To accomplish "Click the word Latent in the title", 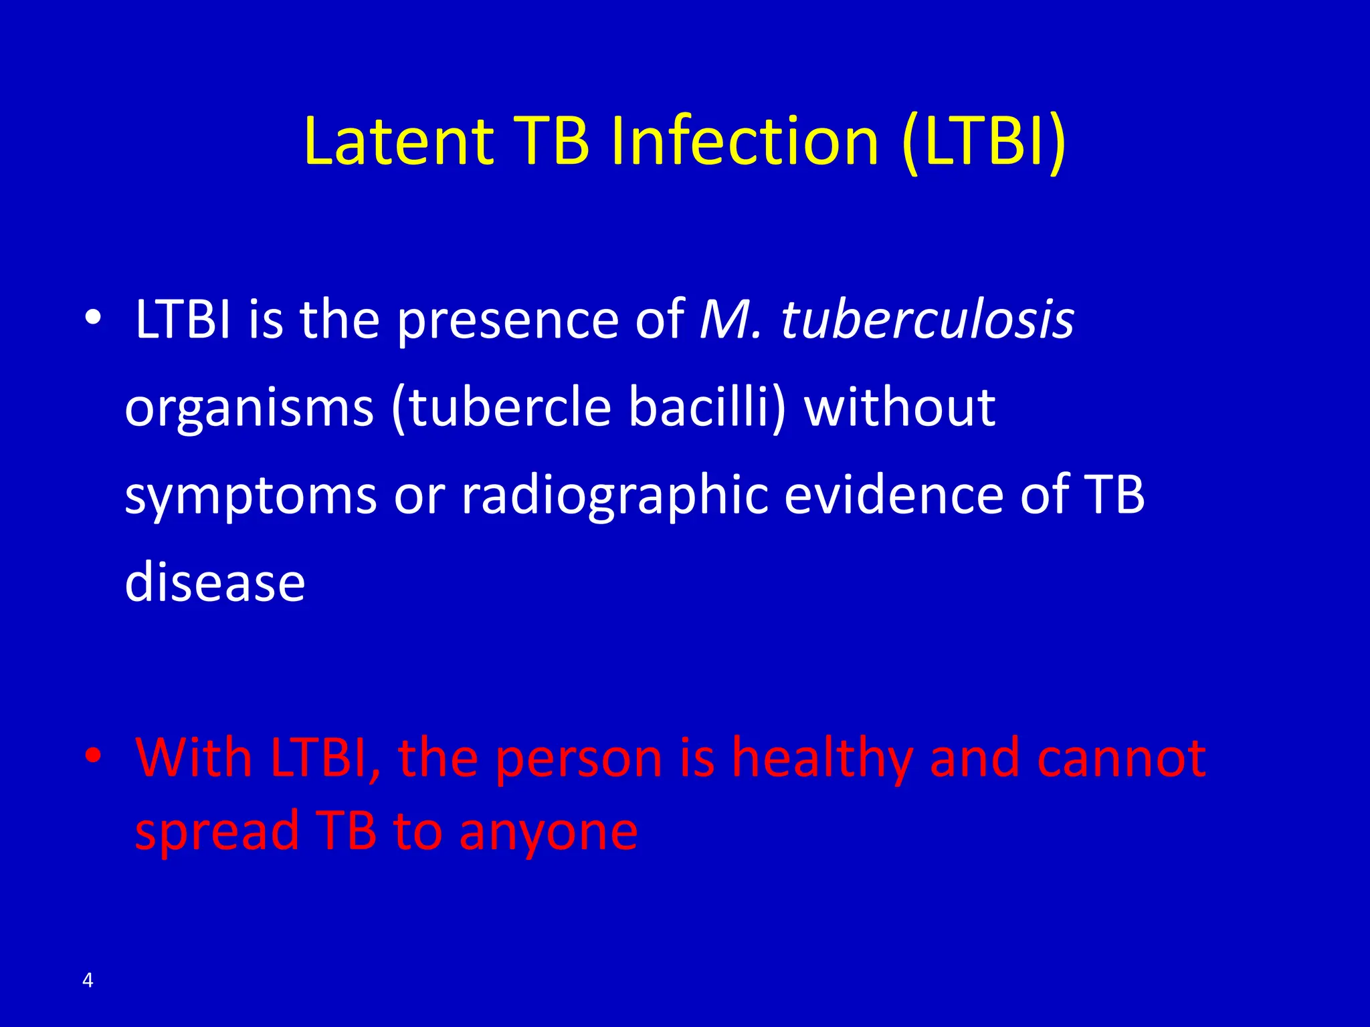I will click(398, 142).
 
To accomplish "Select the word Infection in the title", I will click(745, 142).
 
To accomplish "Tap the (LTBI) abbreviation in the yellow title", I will click(983, 142).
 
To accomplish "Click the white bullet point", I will click(93, 316).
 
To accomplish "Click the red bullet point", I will click(93, 756).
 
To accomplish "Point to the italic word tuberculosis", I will click(927, 320).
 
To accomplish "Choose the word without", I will click(900, 407).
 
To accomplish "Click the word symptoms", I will click(251, 497).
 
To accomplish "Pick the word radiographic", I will click(615, 497).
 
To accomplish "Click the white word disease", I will click(215, 582).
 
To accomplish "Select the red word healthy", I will click(822, 759).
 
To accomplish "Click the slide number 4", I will click(88, 980).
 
